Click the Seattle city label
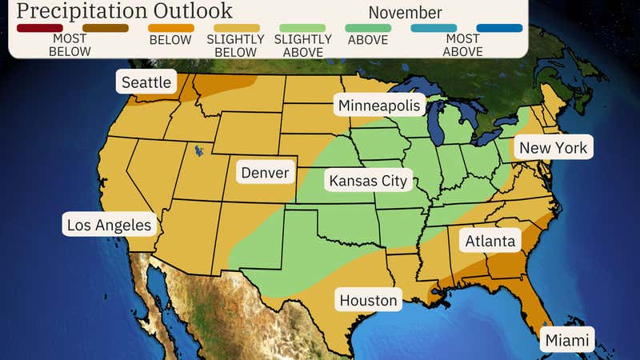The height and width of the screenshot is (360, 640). (x=146, y=82)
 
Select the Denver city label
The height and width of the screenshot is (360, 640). (x=264, y=173)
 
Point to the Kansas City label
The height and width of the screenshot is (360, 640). (x=368, y=180)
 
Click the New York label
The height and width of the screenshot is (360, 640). (x=553, y=147)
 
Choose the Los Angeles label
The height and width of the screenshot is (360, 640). (x=109, y=225)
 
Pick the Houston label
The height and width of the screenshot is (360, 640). (x=368, y=300)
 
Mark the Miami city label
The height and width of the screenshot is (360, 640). (x=567, y=340)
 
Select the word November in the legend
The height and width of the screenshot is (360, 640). (x=405, y=13)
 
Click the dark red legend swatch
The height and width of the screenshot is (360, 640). (x=39, y=28)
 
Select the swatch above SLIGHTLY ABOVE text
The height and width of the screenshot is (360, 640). (x=301, y=28)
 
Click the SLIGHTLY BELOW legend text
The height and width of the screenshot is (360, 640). (x=235, y=46)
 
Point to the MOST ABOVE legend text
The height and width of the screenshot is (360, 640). (x=462, y=46)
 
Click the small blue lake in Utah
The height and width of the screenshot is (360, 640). (x=197, y=149)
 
